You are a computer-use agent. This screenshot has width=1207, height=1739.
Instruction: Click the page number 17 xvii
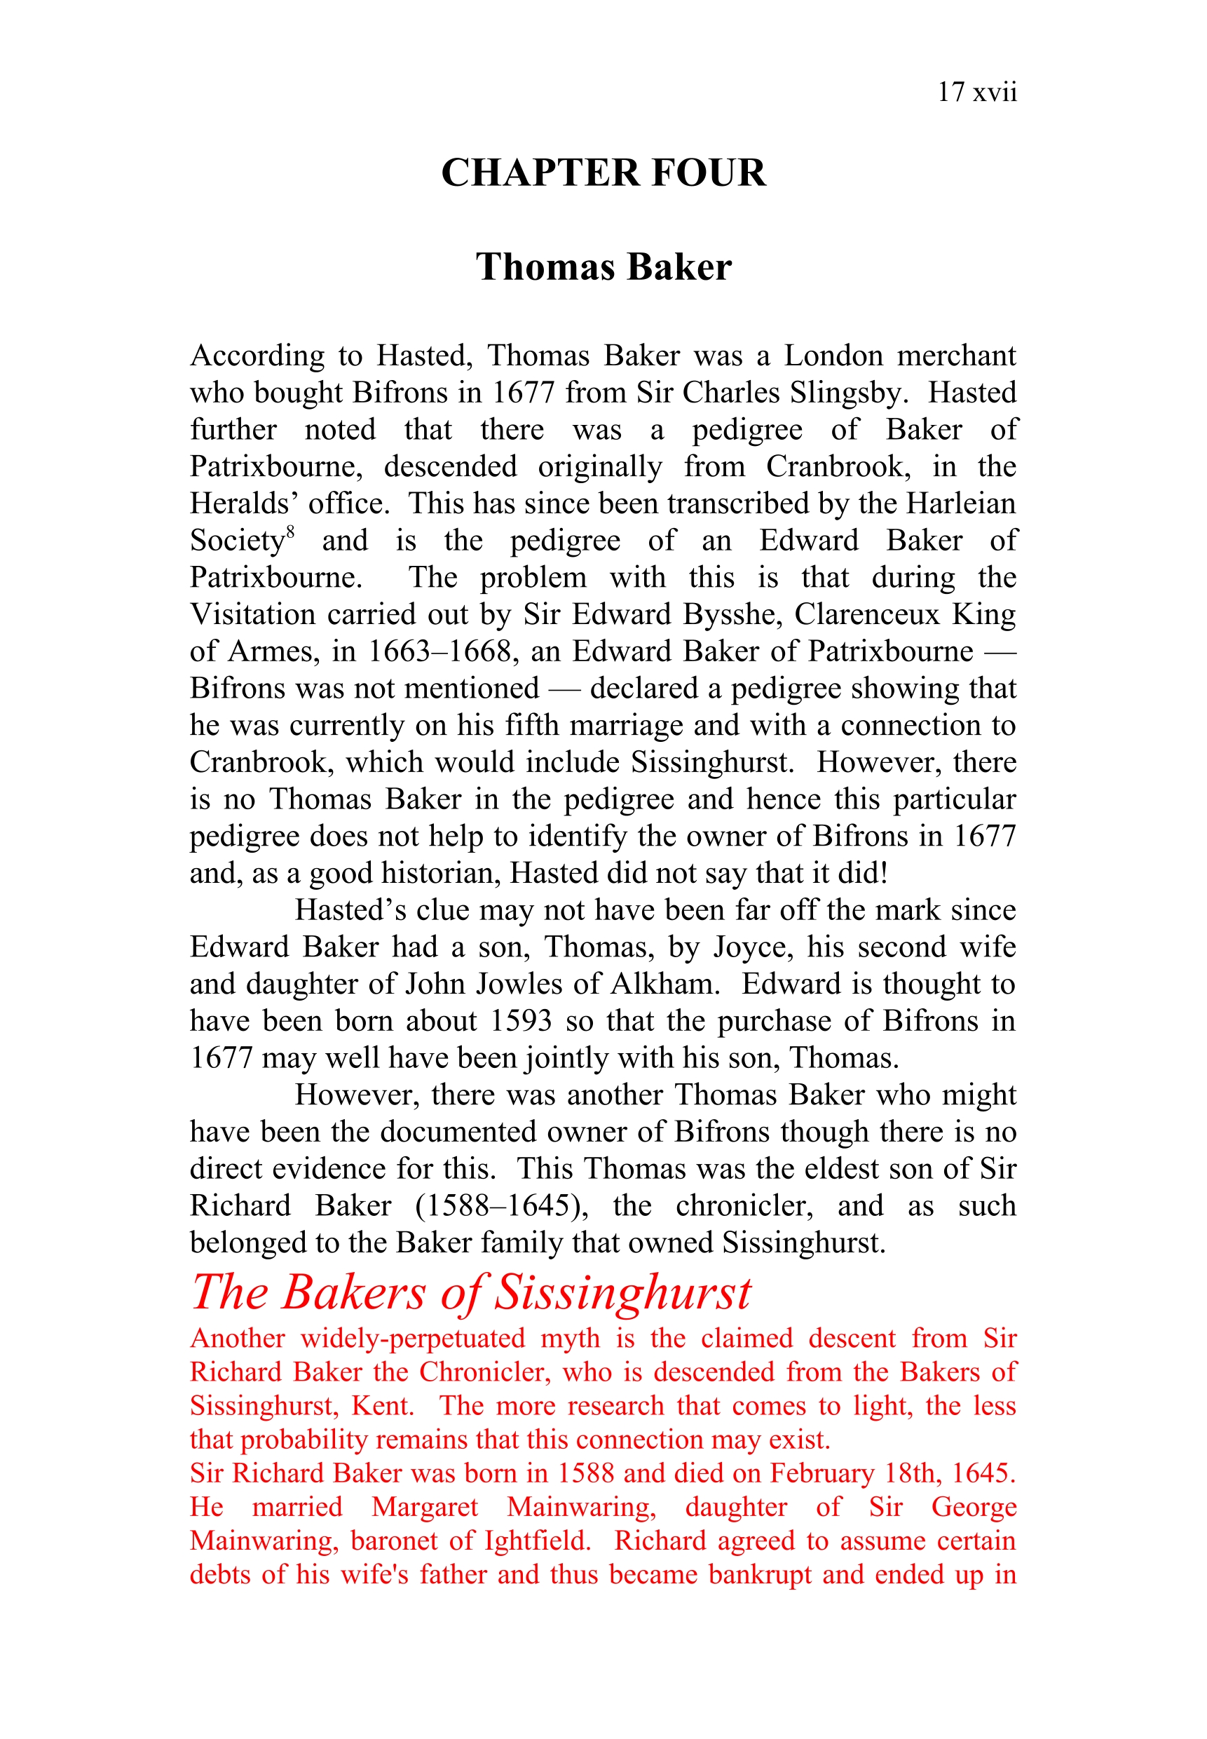click(x=976, y=93)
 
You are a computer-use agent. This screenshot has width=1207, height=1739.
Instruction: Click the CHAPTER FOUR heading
click(x=603, y=172)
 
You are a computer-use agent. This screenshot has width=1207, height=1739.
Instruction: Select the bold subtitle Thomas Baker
click(x=603, y=267)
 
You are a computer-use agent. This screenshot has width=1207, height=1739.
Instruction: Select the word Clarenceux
click(x=866, y=614)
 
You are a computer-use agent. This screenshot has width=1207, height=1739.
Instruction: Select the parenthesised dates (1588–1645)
click(x=502, y=1205)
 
